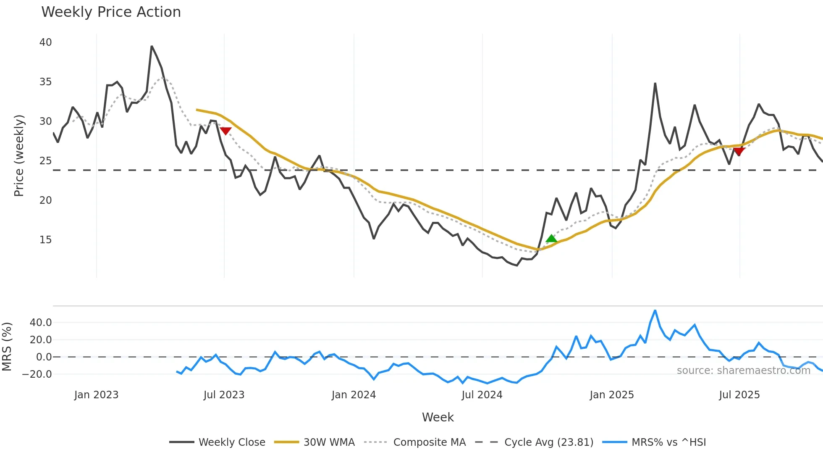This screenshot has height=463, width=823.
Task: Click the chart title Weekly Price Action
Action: pos(111,12)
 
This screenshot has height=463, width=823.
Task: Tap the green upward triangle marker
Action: pos(551,239)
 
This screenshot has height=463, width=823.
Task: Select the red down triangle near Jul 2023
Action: pos(225,131)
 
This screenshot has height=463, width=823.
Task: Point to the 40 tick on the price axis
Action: pos(45,42)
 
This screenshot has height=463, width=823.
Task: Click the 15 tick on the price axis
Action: pos(45,240)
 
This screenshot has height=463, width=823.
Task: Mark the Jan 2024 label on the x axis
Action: pos(354,395)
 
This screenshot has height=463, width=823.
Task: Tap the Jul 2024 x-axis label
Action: pos(482,395)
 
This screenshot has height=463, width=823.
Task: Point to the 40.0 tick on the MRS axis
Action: pos(41,323)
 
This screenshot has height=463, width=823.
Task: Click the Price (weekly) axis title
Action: pos(19,155)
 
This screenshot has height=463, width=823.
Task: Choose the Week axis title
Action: pos(438,417)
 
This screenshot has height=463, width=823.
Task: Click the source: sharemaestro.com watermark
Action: pos(743,371)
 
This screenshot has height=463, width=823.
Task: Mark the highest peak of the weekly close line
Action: pos(152,46)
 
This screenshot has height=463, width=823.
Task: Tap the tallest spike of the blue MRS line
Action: pos(655,310)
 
